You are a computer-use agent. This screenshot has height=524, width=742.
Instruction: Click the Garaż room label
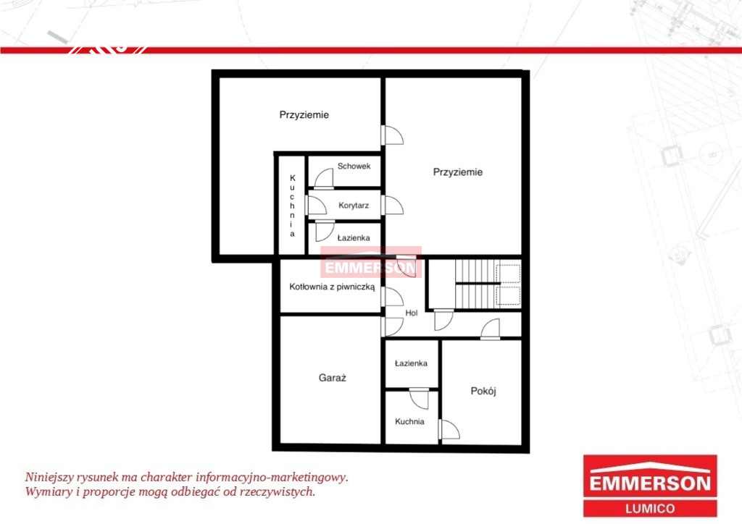point(332,378)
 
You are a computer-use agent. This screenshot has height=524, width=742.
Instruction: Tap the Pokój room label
point(483,392)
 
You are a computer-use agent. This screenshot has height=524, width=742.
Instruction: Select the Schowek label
point(354,166)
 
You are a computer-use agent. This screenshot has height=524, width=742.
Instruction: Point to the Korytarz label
point(354,206)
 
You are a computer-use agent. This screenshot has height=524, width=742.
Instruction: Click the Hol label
point(412,313)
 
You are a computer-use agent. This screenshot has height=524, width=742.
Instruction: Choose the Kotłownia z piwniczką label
point(332,287)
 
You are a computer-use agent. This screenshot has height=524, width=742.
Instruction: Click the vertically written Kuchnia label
point(293,206)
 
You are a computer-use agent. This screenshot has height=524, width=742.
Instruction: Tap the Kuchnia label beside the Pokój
point(409,421)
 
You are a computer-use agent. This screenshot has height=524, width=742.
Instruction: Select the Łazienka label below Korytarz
point(354,238)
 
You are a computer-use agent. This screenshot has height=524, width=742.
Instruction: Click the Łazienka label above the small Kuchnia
point(411,363)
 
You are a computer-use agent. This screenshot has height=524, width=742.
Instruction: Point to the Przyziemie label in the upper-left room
point(304,115)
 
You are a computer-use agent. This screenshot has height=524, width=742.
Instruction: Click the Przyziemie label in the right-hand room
point(458,172)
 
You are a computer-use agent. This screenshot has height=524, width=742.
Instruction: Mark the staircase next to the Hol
point(488,284)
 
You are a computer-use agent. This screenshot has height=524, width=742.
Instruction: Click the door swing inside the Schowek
point(324,179)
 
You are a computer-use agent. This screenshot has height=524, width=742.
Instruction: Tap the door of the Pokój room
point(449,429)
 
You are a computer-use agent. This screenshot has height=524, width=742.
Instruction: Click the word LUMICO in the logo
point(650,509)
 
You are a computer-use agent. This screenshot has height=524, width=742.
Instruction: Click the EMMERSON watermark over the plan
point(371,268)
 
